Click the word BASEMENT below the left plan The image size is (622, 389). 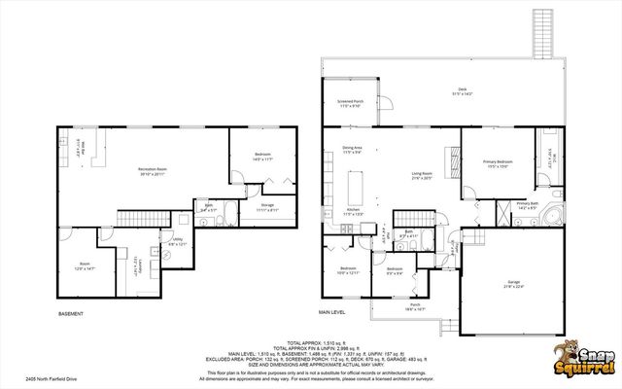71,314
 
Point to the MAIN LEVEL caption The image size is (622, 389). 332,313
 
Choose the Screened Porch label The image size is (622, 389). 351,103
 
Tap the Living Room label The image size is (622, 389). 422,177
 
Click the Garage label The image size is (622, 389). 512,284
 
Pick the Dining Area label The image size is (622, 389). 352,150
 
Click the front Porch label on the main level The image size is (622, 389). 415,306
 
